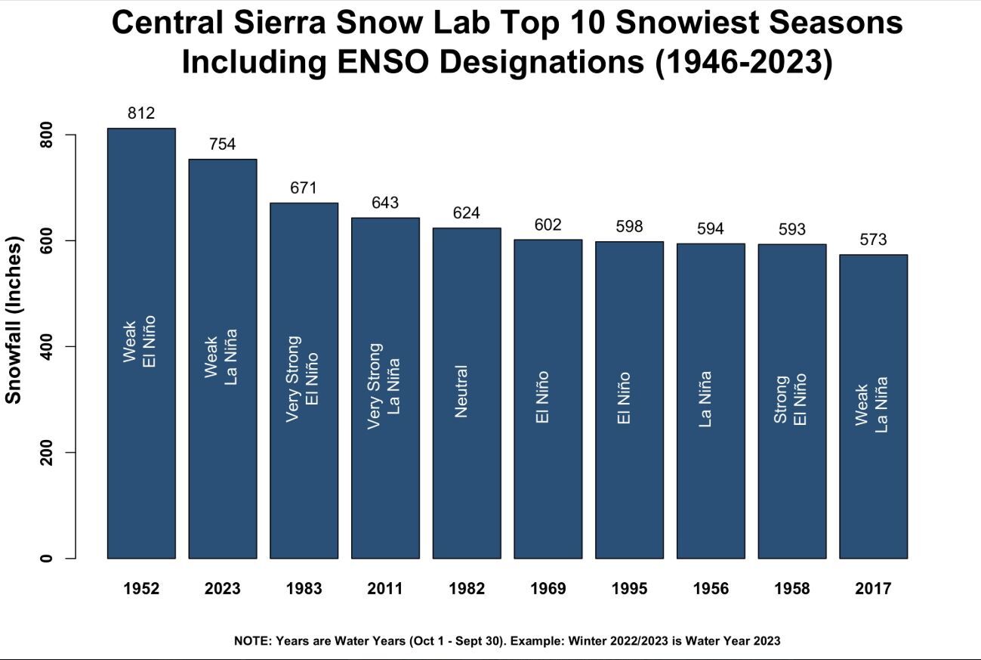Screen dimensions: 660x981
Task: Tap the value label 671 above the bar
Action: pyautogui.click(x=304, y=188)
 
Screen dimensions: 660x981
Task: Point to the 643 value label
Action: pyautogui.click(x=385, y=203)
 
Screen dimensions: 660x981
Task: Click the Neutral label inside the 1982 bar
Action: pyautogui.click(x=461, y=391)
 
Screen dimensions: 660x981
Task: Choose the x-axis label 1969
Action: pyautogui.click(x=548, y=589)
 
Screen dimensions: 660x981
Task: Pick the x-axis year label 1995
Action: pyautogui.click(x=629, y=589)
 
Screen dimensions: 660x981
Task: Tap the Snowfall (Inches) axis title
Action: pyautogui.click(x=14, y=320)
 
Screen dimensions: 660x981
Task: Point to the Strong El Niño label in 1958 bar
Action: pyautogui.click(x=791, y=398)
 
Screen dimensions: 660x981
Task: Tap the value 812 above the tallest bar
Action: pyautogui.click(x=141, y=113)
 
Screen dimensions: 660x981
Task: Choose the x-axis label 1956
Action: pyautogui.click(x=711, y=589)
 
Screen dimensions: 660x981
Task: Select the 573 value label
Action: pyautogui.click(x=873, y=240)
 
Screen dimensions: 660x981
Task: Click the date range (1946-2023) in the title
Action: pyautogui.click(x=743, y=62)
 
